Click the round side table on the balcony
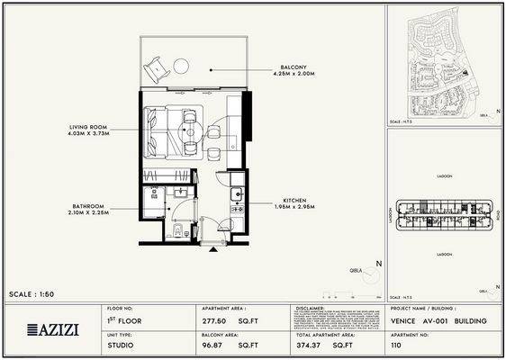coord(180,66)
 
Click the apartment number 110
coord(397,344)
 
